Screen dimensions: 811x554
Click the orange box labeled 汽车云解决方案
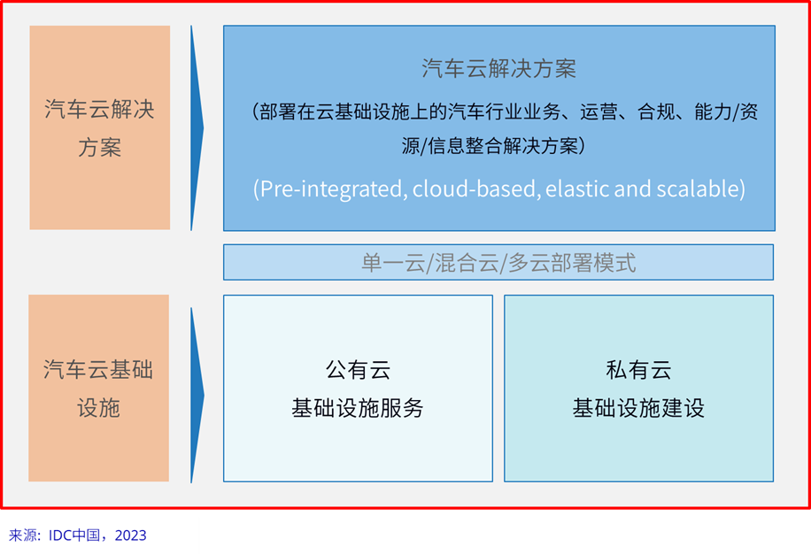coord(100,127)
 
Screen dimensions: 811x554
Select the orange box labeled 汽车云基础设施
coord(99,389)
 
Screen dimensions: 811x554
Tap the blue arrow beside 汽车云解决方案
coord(197,127)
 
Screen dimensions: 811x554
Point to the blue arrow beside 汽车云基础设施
coord(197,396)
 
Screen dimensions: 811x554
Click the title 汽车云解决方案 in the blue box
coord(498,69)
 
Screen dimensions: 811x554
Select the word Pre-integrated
coord(330,189)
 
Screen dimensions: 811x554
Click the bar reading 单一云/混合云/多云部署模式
coord(498,262)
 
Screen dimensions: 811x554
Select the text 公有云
coord(358,370)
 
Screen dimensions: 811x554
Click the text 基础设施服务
coord(358,408)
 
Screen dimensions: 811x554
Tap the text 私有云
coord(638,370)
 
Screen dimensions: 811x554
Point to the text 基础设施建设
coord(638,408)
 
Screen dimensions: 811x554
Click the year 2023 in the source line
coord(130,535)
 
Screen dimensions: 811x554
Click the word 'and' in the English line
coord(632,189)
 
